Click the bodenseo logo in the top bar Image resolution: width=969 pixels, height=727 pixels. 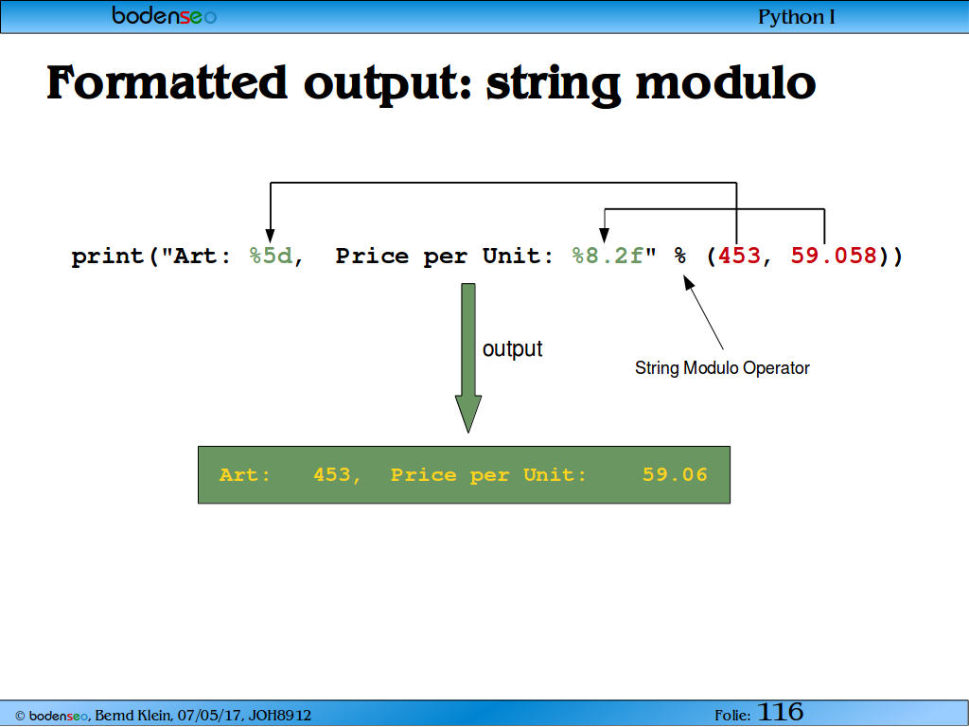coord(165,15)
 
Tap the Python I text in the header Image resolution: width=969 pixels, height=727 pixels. coord(796,17)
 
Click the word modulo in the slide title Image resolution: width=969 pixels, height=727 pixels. coord(726,83)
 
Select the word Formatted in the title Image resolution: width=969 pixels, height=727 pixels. coord(167,82)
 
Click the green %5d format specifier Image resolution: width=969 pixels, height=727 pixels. coord(271,256)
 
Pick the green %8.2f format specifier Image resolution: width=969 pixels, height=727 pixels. coord(608,256)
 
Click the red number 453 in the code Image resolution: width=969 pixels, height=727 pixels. coord(739,256)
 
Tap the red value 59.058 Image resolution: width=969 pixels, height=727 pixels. coord(835,256)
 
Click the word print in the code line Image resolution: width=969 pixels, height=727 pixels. coord(108,256)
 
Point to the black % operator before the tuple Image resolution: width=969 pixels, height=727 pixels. coord(679,256)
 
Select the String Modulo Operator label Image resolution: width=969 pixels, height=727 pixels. coord(722,368)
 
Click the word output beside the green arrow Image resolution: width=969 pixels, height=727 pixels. coord(512,348)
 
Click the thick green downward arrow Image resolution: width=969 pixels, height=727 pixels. coord(468,358)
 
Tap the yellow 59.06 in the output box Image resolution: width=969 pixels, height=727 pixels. coord(675,474)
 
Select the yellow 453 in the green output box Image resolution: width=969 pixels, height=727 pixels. coord(332,474)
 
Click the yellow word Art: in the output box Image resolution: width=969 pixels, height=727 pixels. coord(245,474)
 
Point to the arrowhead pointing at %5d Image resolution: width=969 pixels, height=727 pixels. coord(270,236)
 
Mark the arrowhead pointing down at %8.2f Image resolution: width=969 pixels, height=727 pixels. coord(605,236)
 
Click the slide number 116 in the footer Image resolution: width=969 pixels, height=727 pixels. coord(780,712)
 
